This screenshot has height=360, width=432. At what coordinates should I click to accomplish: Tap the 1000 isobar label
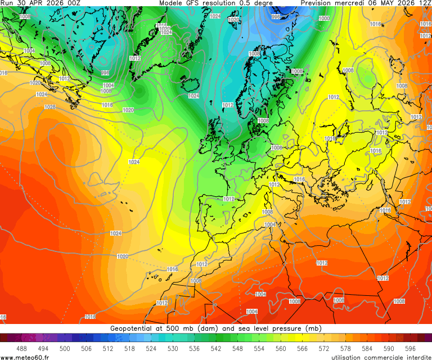point(324,19)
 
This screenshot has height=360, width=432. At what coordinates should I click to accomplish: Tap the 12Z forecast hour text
point(423,3)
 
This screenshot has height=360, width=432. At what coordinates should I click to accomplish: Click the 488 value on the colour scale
point(22,349)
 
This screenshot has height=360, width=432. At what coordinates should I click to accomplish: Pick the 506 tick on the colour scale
point(87,349)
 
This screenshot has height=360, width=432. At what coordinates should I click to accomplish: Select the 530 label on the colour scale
point(173,349)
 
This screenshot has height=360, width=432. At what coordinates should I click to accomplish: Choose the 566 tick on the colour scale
point(302,349)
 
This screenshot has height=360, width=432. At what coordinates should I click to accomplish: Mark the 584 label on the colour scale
point(367,349)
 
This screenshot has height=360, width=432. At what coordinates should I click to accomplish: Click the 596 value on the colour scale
point(410,349)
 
